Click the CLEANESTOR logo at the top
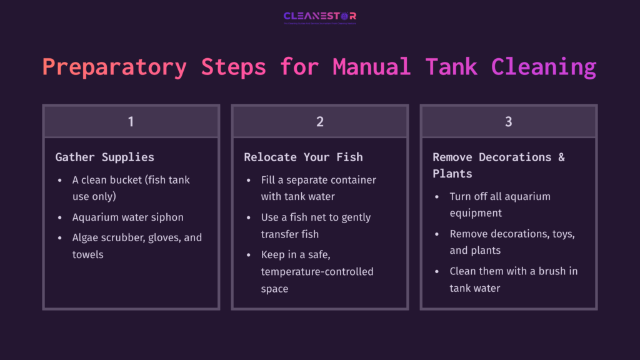[319, 17]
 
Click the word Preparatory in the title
[114, 66]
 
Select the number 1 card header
[131, 121]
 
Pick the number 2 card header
[319, 121]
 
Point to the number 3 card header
[508, 121]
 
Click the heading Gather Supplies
[104, 157]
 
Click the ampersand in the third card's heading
[561, 157]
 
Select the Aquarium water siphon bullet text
[127, 217]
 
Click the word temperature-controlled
[317, 272]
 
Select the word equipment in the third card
[476, 213]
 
